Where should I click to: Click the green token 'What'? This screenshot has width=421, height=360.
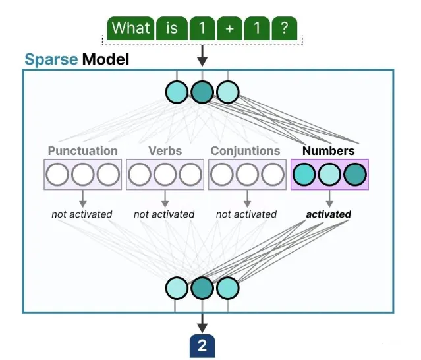[130, 28]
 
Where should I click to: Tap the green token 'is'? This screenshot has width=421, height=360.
[171, 28]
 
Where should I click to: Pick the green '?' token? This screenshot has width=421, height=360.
[283, 28]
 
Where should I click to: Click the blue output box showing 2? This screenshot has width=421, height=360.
[202, 345]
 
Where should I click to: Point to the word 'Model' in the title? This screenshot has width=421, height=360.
[105, 60]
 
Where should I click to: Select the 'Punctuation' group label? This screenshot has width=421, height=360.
[82, 151]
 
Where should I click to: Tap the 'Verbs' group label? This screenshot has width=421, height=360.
[165, 151]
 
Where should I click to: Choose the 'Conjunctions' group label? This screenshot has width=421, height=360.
[246, 151]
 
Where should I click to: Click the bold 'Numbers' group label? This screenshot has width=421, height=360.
[328, 151]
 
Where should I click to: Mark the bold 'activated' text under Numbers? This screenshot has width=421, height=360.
[328, 214]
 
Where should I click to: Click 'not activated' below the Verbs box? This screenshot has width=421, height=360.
[164, 214]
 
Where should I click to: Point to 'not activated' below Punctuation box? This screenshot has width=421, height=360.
[82, 214]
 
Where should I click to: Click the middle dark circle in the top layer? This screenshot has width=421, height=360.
[202, 92]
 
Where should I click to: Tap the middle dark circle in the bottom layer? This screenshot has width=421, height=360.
[202, 288]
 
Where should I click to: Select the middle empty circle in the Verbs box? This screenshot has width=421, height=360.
[165, 175]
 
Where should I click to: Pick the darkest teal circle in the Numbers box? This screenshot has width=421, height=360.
[354, 175]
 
